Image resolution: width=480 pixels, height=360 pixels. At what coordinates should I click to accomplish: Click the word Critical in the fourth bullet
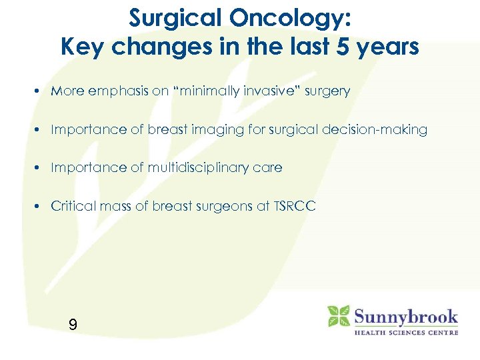[x=72, y=207]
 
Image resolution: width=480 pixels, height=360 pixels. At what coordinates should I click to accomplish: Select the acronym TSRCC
[x=294, y=207]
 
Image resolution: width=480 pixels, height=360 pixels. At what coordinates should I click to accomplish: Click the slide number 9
[x=73, y=325]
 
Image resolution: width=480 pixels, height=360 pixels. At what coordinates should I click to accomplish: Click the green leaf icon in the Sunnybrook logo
[x=338, y=316]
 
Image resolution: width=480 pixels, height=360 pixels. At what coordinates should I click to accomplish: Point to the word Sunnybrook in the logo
[x=406, y=316]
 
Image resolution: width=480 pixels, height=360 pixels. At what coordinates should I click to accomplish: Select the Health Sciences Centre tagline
[x=405, y=332]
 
